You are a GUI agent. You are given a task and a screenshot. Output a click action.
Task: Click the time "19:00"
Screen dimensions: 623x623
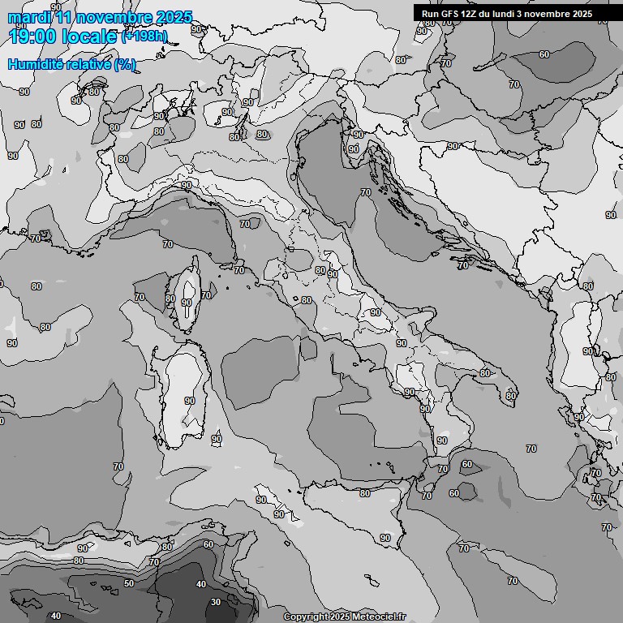(x=35, y=37)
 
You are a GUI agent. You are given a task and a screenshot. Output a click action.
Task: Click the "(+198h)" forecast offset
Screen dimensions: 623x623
(x=145, y=37)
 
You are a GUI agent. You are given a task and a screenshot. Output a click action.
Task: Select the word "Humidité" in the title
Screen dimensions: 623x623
(x=35, y=64)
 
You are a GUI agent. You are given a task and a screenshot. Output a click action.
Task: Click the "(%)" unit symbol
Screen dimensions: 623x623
(x=125, y=64)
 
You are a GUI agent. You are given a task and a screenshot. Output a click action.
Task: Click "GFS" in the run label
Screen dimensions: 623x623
(x=449, y=14)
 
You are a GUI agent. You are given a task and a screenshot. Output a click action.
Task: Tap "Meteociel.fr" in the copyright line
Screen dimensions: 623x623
(x=379, y=617)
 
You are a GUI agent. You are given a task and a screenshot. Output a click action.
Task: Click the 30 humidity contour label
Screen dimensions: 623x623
(x=215, y=602)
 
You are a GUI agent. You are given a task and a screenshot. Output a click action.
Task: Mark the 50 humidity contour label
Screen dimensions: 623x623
(x=129, y=583)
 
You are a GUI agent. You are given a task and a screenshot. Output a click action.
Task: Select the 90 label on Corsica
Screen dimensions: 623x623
(x=187, y=303)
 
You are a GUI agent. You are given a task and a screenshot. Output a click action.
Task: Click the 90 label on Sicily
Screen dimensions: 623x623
(x=385, y=538)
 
